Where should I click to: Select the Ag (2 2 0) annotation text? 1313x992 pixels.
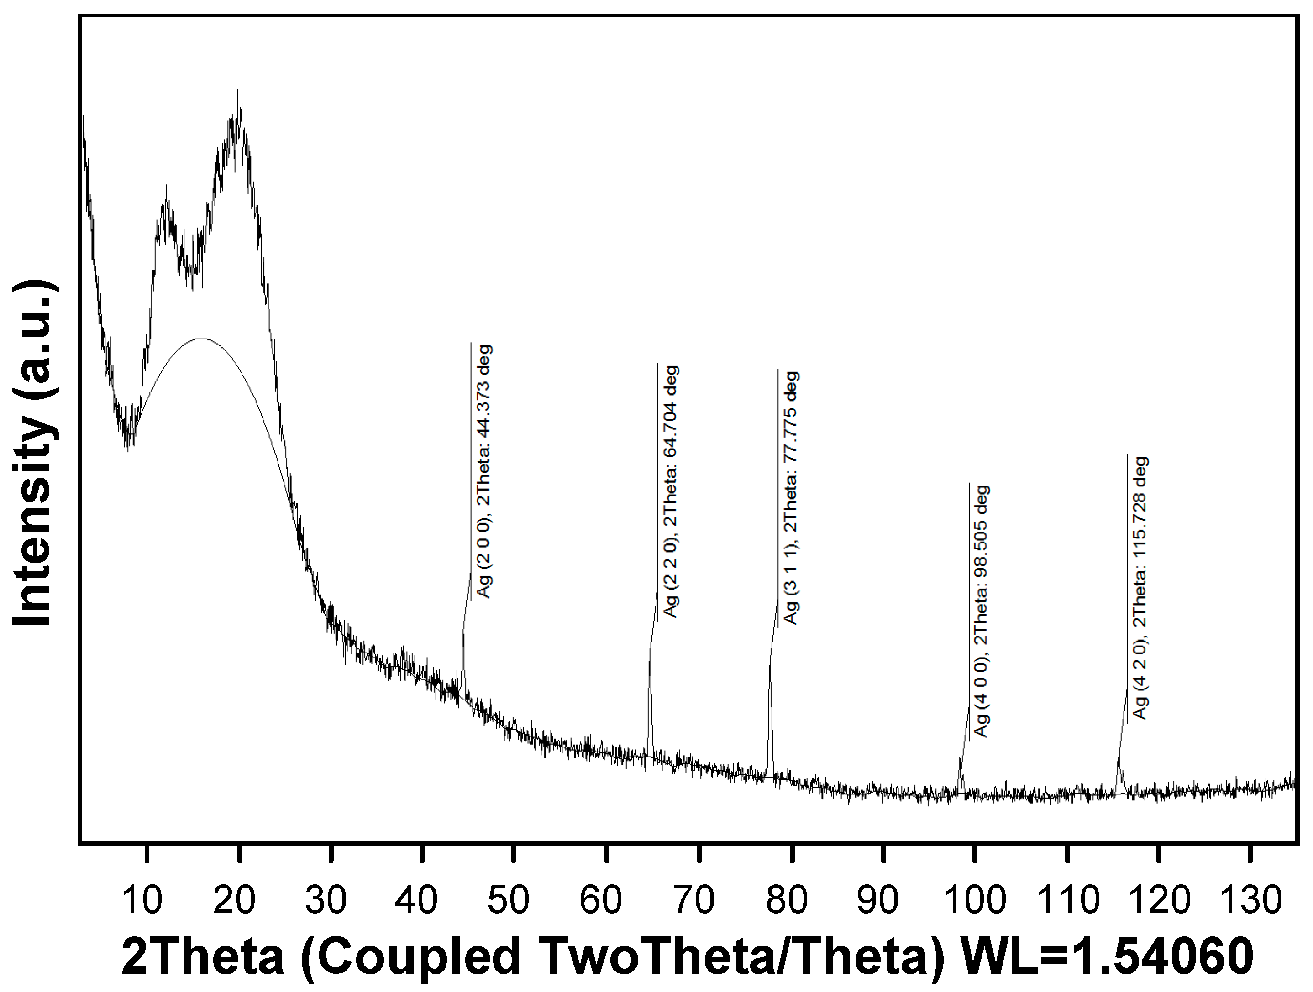click(x=671, y=491)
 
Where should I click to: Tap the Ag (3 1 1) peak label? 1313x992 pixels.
click(x=791, y=497)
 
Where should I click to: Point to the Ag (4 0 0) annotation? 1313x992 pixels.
click(x=982, y=611)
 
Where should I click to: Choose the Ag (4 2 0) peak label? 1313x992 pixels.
click(x=1140, y=587)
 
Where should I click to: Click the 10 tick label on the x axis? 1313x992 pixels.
click(x=142, y=900)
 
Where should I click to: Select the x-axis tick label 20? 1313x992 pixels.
click(x=235, y=900)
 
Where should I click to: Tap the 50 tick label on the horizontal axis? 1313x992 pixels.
click(x=508, y=900)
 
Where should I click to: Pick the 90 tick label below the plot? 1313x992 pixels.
click(x=878, y=900)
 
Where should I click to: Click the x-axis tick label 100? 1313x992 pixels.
click(x=975, y=900)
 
